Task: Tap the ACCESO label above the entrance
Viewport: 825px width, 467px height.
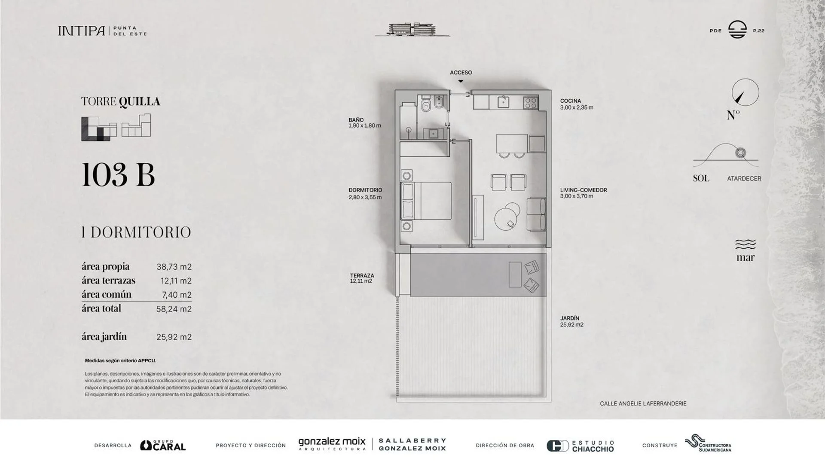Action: tap(461, 73)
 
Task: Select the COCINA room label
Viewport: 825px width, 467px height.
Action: tap(570, 101)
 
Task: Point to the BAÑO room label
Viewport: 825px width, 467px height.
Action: tap(356, 120)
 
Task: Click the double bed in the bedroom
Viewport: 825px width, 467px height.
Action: tap(426, 201)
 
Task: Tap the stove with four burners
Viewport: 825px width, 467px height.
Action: tap(531, 103)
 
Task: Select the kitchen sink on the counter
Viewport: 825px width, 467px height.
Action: tap(503, 102)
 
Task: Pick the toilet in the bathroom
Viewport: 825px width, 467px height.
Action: tap(426, 104)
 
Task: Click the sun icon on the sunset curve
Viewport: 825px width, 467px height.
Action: tap(740, 153)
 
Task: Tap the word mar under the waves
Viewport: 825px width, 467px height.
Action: tap(745, 258)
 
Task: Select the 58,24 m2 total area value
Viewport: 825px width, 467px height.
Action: tap(174, 309)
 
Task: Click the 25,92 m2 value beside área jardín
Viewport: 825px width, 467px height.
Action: tap(174, 337)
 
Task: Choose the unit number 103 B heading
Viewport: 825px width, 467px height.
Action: tap(118, 174)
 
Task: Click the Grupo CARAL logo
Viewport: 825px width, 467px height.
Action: tap(163, 445)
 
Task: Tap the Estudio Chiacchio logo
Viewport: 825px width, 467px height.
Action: tap(580, 446)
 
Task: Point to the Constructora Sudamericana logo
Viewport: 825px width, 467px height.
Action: tap(708, 443)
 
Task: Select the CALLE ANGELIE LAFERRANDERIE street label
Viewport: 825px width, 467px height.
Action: tap(643, 404)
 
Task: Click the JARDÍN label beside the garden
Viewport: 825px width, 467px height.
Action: tap(570, 318)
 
